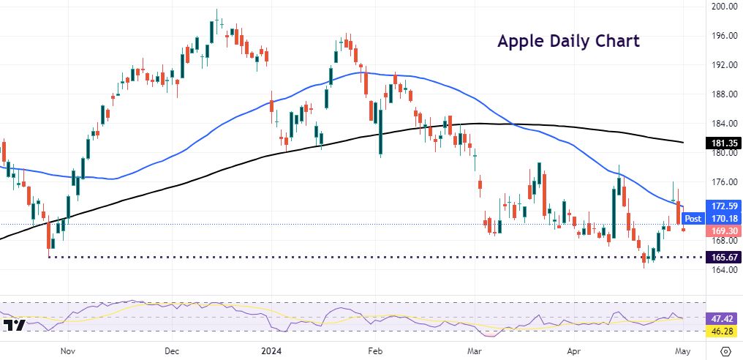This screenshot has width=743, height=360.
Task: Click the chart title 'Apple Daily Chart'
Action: (568, 41)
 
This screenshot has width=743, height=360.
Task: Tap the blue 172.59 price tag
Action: (723, 206)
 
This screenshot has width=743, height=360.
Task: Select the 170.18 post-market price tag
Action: (723, 218)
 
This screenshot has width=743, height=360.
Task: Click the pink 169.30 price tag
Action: (723, 231)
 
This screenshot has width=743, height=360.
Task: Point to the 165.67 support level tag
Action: (723, 258)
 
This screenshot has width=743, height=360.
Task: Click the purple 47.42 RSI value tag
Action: (723, 319)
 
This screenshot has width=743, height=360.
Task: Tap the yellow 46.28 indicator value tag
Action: (723, 331)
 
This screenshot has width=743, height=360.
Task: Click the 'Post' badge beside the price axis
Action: (693, 218)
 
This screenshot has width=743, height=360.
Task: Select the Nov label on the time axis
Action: (68, 350)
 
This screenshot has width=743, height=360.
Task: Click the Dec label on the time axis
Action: (172, 350)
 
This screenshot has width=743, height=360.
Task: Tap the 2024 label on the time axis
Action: (273, 350)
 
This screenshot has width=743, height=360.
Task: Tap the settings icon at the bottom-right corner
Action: (725, 350)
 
